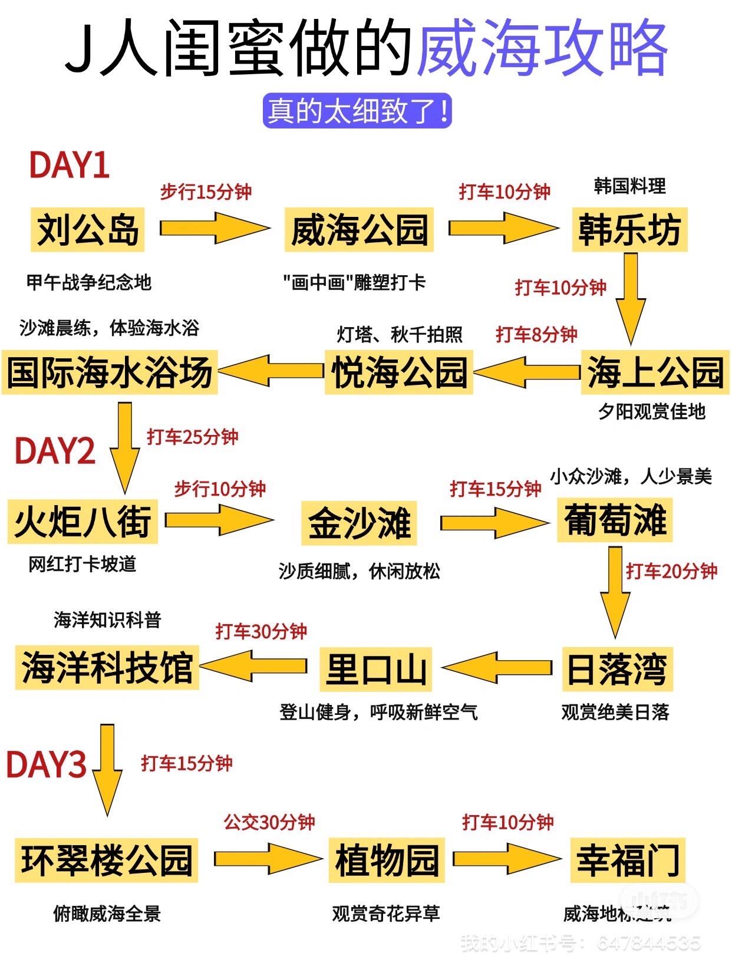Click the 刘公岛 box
[x=88, y=229]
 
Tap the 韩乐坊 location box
[x=629, y=229]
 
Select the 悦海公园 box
[x=399, y=372]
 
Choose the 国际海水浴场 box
[x=110, y=372]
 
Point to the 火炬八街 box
[x=83, y=521]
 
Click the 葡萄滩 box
[x=615, y=520]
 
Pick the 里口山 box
[x=375, y=669]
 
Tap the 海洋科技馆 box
[x=107, y=668]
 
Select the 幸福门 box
[x=628, y=860]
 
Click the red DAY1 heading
[x=70, y=164]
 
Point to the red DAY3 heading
[x=46, y=764]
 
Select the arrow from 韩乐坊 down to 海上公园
[x=630, y=298]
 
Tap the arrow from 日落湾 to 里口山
[x=496, y=667]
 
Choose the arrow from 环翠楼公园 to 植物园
[x=268, y=859]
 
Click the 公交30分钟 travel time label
[x=269, y=822]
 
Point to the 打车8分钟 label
[x=536, y=334]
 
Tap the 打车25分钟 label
[x=193, y=437]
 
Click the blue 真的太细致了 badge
[x=357, y=110]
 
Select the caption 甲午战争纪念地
[x=89, y=282]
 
